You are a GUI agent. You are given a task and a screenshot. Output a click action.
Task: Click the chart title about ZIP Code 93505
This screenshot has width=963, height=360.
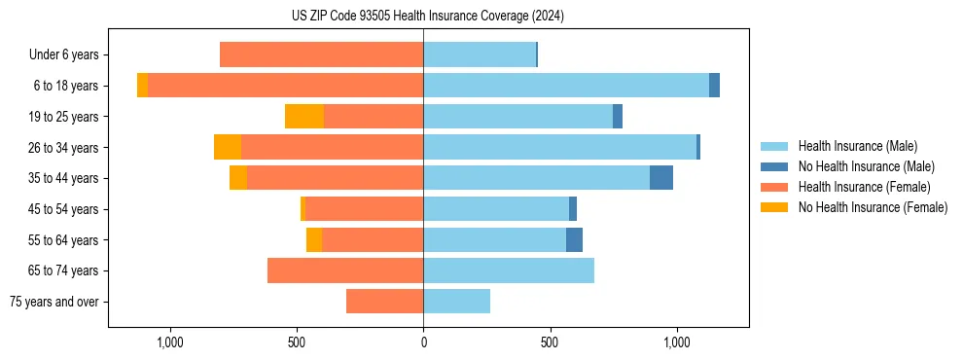(x=427, y=16)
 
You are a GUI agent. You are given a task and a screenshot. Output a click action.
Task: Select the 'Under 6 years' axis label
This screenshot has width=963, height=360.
(x=63, y=54)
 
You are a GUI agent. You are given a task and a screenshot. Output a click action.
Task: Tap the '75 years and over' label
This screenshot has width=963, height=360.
(x=54, y=302)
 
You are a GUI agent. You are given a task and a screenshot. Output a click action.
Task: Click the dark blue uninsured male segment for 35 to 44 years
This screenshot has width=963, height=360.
(x=661, y=177)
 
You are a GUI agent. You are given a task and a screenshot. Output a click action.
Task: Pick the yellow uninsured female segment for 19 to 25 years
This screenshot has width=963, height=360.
(x=304, y=116)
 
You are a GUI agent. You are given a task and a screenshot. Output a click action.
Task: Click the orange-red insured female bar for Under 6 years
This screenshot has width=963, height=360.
(x=321, y=54)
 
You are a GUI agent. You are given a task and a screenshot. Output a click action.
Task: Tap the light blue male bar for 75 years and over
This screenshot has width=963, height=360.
(x=456, y=302)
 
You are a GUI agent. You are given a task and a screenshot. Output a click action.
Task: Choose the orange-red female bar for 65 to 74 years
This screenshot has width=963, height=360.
(x=345, y=270)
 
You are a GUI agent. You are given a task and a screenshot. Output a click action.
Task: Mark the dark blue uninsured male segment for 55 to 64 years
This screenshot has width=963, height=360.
(x=574, y=239)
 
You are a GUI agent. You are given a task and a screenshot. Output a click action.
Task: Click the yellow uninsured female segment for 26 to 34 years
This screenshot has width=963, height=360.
(x=228, y=147)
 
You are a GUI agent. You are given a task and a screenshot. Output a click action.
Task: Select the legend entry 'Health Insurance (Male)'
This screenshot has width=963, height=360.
(x=857, y=146)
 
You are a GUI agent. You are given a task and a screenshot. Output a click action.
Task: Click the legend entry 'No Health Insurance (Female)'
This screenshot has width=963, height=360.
(x=873, y=207)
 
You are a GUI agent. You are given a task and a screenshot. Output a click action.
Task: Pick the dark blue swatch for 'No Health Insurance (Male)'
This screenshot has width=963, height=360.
(x=774, y=166)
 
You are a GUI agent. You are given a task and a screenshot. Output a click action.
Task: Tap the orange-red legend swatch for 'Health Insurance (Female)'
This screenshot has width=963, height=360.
(x=774, y=187)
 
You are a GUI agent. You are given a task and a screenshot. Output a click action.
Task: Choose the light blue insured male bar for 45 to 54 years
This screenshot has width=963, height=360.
(x=496, y=208)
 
